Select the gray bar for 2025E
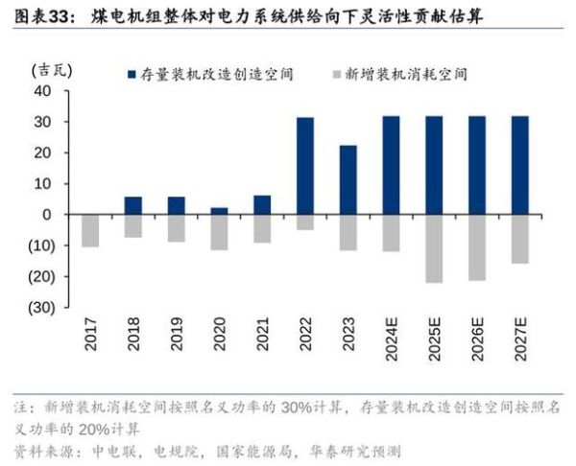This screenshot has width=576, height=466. coord(433,248)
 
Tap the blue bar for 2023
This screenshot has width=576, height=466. coord(348,179)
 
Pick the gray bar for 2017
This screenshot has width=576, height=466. coord(90,230)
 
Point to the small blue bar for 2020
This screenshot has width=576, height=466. coord(219,211)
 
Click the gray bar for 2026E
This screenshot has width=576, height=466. coord(476,247)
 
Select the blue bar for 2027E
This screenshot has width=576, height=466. coord(519,165)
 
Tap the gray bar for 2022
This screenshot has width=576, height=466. coord(304,221)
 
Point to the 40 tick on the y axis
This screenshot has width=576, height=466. coord(41,91)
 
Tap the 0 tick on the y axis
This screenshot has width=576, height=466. coord(46,215)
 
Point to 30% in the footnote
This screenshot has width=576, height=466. coord(298,408)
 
